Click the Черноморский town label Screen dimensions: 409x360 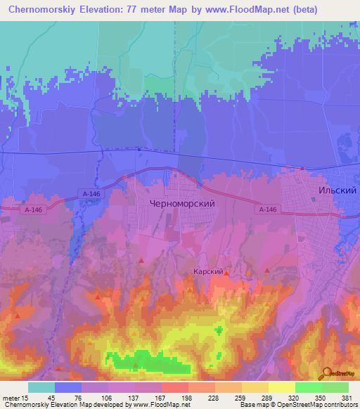click(182, 202)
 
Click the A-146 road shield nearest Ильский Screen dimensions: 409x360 click(267, 209)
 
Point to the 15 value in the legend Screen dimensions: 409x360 click(25, 398)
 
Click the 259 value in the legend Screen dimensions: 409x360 click(239, 398)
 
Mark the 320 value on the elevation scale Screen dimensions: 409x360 click(293, 398)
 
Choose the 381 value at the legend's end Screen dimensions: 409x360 click(347, 398)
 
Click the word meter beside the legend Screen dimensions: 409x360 click(10, 398)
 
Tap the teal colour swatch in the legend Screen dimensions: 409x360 click(41, 387)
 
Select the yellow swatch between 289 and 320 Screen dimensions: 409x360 click(281, 387)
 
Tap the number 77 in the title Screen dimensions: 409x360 click(146, 10)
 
